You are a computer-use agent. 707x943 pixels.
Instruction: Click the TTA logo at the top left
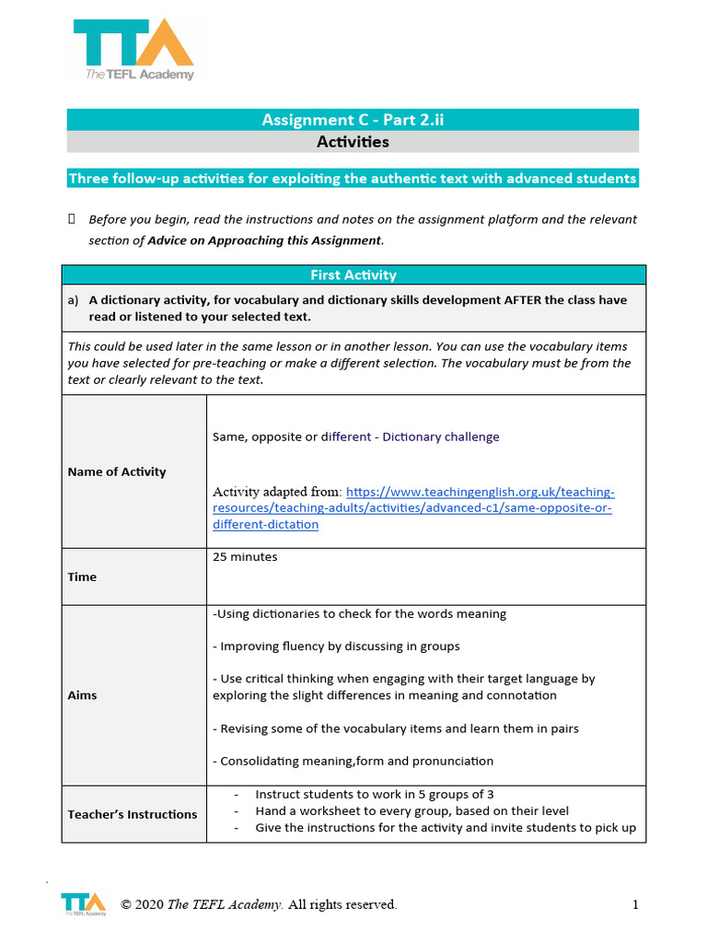click(133, 51)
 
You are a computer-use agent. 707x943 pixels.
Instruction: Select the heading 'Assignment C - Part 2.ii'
click(353, 120)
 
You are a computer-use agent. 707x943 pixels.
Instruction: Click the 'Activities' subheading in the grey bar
click(353, 142)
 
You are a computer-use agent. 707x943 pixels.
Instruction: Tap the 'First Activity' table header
click(353, 274)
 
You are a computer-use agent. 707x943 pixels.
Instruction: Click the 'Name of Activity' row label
click(117, 471)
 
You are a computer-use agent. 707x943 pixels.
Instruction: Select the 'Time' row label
click(82, 576)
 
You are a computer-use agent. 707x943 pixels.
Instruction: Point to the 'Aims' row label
click(82, 695)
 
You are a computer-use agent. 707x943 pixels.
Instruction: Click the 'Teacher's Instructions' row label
click(132, 814)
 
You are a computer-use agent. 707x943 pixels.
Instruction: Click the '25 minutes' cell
click(245, 557)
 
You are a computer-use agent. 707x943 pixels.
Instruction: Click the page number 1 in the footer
click(635, 904)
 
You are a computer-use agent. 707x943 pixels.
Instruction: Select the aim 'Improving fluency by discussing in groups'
click(336, 646)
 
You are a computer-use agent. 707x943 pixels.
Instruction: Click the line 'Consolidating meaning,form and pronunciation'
click(353, 761)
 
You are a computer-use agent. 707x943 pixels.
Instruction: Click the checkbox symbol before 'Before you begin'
click(72, 219)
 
